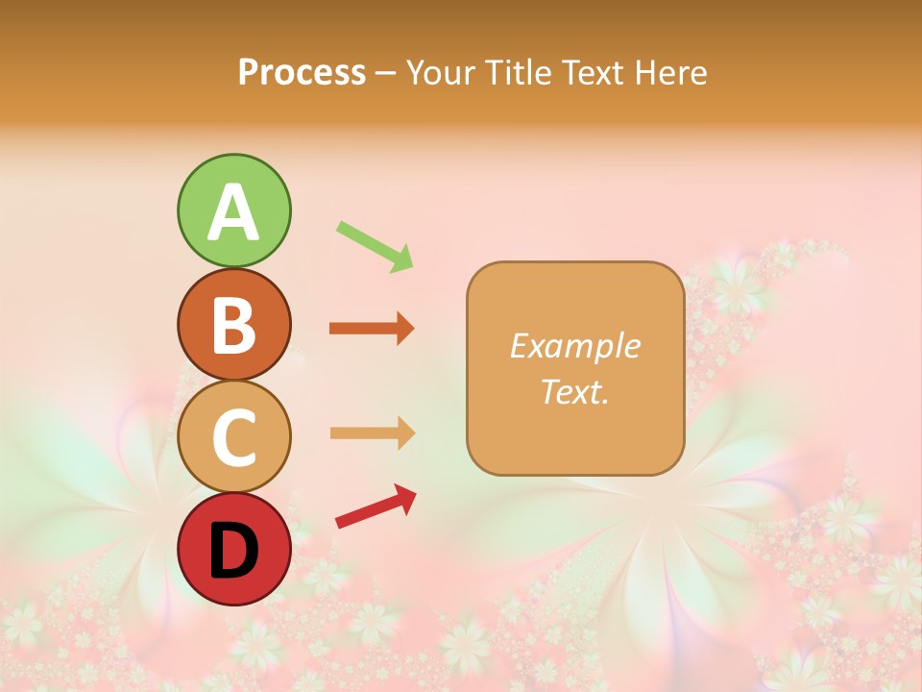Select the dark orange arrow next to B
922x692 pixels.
(372, 329)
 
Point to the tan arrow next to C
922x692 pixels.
(372, 433)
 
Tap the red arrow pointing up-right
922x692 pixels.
(376, 507)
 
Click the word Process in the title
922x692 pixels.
(302, 73)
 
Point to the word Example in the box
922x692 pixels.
(574, 345)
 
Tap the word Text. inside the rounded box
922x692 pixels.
(574, 391)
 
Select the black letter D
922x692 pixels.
(233, 552)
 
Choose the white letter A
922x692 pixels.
(233, 212)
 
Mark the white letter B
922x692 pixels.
(233, 325)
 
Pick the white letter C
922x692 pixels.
(233, 437)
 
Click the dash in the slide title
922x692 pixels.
(386, 73)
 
